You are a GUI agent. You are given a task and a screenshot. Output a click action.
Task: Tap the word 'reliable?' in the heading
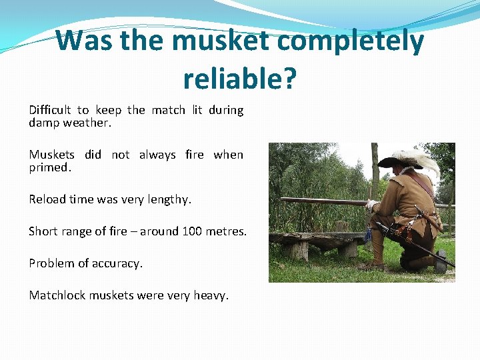click(x=239, y=79)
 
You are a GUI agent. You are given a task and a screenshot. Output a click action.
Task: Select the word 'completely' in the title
click(x=351, y=41)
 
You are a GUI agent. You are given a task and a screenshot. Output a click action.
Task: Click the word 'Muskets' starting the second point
click(x=51, y=155)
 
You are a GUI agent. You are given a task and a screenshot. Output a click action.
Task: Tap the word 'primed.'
click(x=49, y=167)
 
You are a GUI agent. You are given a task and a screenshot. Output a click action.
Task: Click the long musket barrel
click(x=320, y=201)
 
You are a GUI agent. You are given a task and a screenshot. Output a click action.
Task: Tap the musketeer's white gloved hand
click(x=371, y=205)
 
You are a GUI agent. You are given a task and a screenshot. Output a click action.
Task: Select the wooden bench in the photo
click(x=313, y=241)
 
